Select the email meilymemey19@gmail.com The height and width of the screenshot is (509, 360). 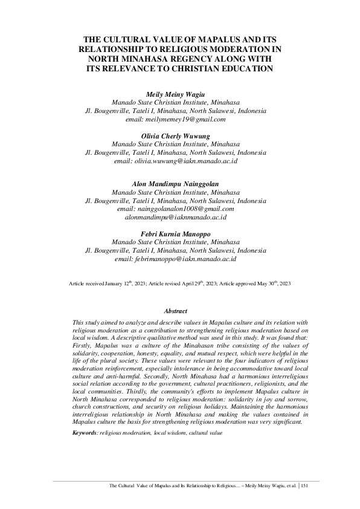185,120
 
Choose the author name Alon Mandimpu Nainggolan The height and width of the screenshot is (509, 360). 176,183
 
